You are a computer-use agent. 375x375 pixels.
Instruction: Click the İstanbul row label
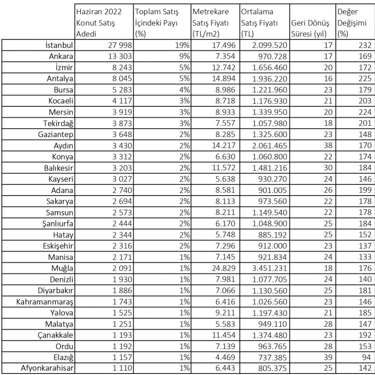(59, 45)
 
